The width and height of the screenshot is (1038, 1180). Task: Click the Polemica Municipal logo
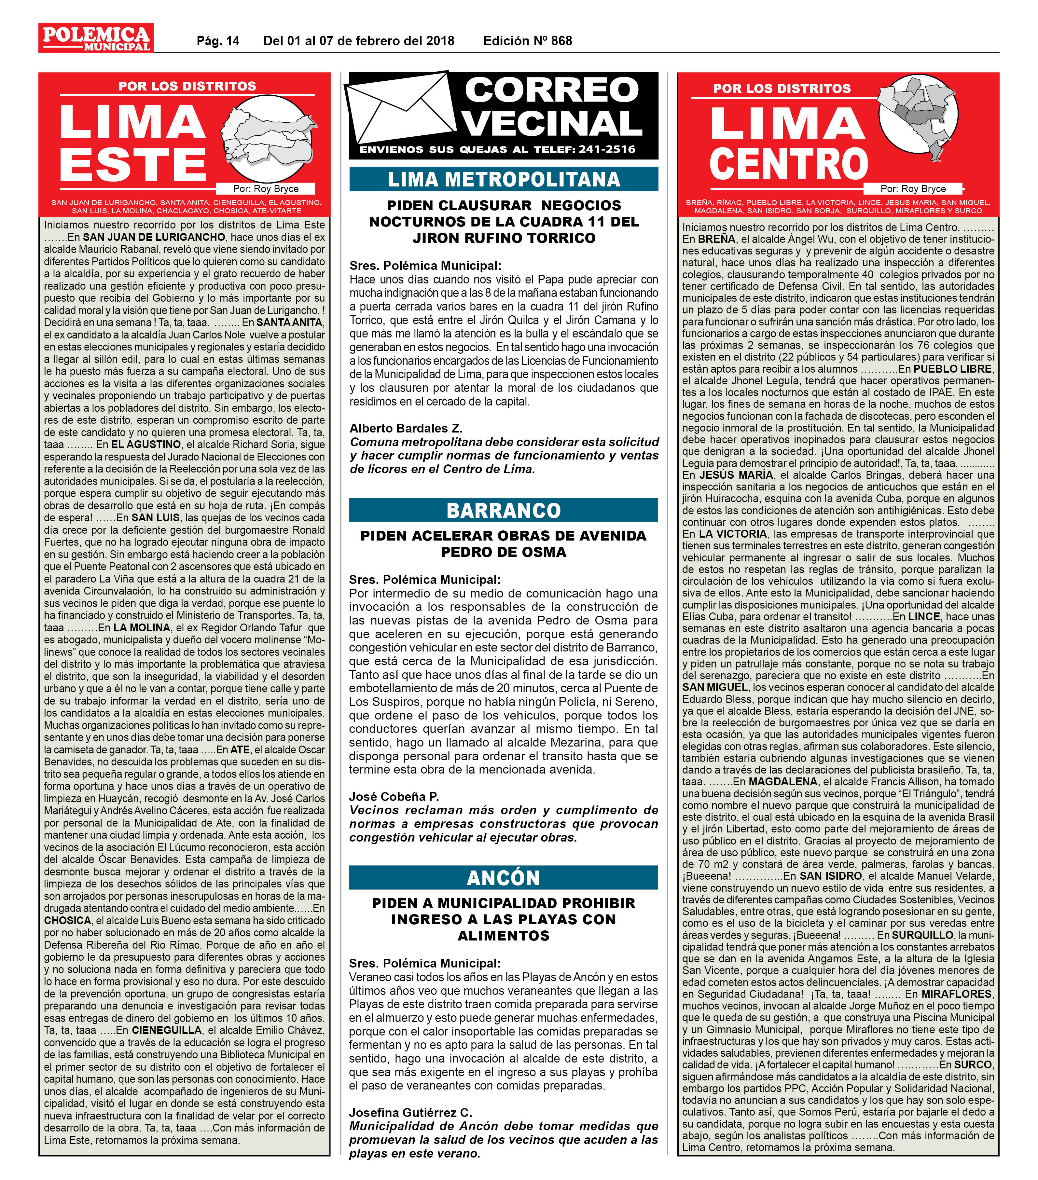pyautogui.click(x=96, y=38)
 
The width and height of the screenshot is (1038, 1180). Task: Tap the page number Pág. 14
pyautogui.click(x=218, y=41)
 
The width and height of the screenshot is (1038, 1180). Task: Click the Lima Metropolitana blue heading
pyautogui.click(x=504, y=180)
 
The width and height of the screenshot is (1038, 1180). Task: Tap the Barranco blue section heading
pyautogui.click(x=504, y=510)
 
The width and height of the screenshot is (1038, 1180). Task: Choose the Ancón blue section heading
pyautogui.click(x=504, y=878)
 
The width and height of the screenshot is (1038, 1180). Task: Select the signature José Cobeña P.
pyautogui.click(x=394, y=797)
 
